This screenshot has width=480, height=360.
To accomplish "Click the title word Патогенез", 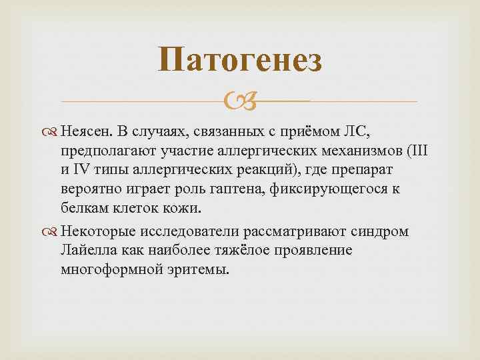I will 240,61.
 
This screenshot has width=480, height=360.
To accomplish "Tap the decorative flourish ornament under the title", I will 240,101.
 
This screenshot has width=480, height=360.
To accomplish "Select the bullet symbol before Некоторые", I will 53,231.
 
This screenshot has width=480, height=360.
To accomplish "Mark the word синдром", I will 379,231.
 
